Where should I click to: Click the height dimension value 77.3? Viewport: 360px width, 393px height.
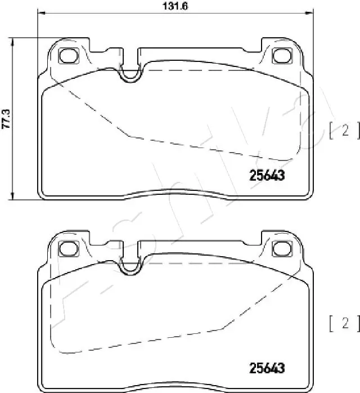coord(7,118)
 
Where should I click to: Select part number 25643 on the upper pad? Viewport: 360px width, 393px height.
coord(267,175)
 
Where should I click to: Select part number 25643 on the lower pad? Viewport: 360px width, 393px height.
coord(267,368)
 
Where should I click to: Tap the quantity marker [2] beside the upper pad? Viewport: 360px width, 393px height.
coord(343,132)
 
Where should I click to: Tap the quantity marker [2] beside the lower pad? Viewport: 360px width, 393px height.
coord(343,323)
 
